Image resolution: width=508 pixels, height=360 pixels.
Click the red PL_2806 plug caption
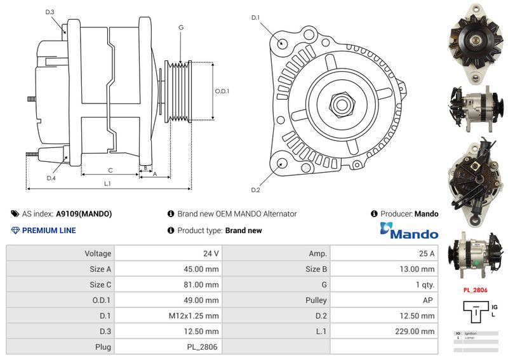point(475,290)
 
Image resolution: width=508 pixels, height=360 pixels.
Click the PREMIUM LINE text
point(48,230)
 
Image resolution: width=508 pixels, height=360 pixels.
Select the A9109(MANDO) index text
point(84,214)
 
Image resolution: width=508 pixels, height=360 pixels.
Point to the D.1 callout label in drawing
point(255,17)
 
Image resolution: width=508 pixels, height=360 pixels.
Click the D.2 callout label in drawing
point(255,190)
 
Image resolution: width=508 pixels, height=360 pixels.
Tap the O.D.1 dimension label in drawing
point(222,91)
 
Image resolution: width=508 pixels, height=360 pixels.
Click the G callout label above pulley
point(181,27)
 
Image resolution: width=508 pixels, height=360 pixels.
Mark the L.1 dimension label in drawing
point(108,183)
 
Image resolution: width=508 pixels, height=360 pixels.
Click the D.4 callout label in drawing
point(51,178)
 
